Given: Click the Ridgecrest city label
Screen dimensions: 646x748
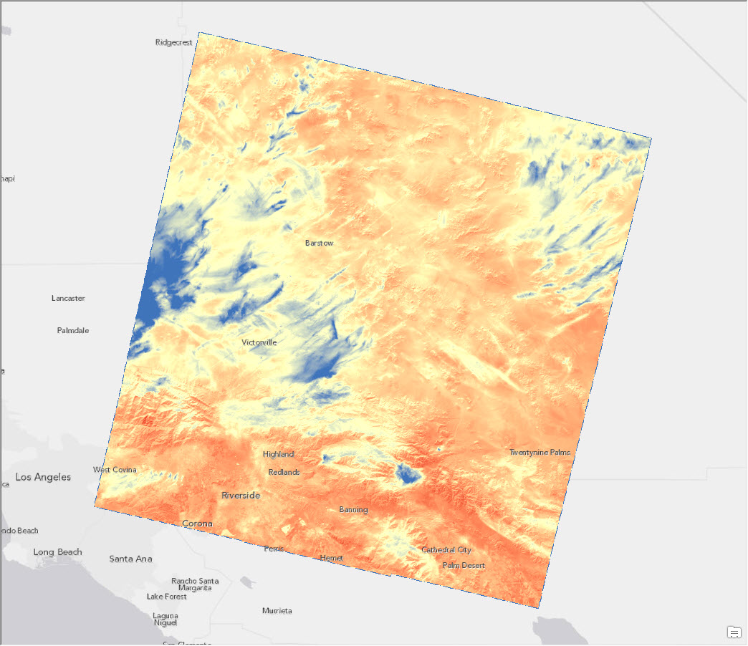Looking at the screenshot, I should click(x=174, y=42).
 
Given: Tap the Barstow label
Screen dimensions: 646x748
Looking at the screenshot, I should click(x=319, y=244).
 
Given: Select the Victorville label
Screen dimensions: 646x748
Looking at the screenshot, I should click(x=259, y=342).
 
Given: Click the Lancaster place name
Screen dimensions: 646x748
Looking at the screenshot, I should click(x=68, y=298).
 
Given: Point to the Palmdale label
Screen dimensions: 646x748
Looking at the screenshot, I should click(x=73, y=331).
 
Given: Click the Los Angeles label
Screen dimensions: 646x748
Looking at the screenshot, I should click(x=43, y=477).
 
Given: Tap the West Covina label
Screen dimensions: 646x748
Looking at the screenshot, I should click(x=115, y=470).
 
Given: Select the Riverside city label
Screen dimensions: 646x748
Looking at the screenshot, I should click(x=241, y=496).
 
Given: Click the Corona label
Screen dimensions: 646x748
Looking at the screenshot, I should click(x=197, y=524).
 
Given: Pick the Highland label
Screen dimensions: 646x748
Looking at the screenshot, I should click(x=278, y=454).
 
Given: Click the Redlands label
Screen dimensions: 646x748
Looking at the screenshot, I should click(x=284, y=472).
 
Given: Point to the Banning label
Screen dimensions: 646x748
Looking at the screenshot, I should click(x=353, y=510).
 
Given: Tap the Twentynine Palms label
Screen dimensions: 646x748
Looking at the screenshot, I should click(x=540, y=453).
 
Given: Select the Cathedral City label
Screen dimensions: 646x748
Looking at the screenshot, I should click(x=446, y=550).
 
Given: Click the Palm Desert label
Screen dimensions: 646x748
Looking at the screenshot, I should click(x=464, y=565).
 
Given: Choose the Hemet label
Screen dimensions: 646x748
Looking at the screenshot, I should click(x=332, y=558).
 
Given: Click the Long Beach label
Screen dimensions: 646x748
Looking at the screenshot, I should click(x=57, y=552).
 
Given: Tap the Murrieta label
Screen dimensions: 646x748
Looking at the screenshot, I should click(x=277, y=611).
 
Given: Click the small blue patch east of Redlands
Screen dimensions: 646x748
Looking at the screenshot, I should click(x=409, y=473).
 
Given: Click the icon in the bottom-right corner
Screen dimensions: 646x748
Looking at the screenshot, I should click(x=734, y=632).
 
